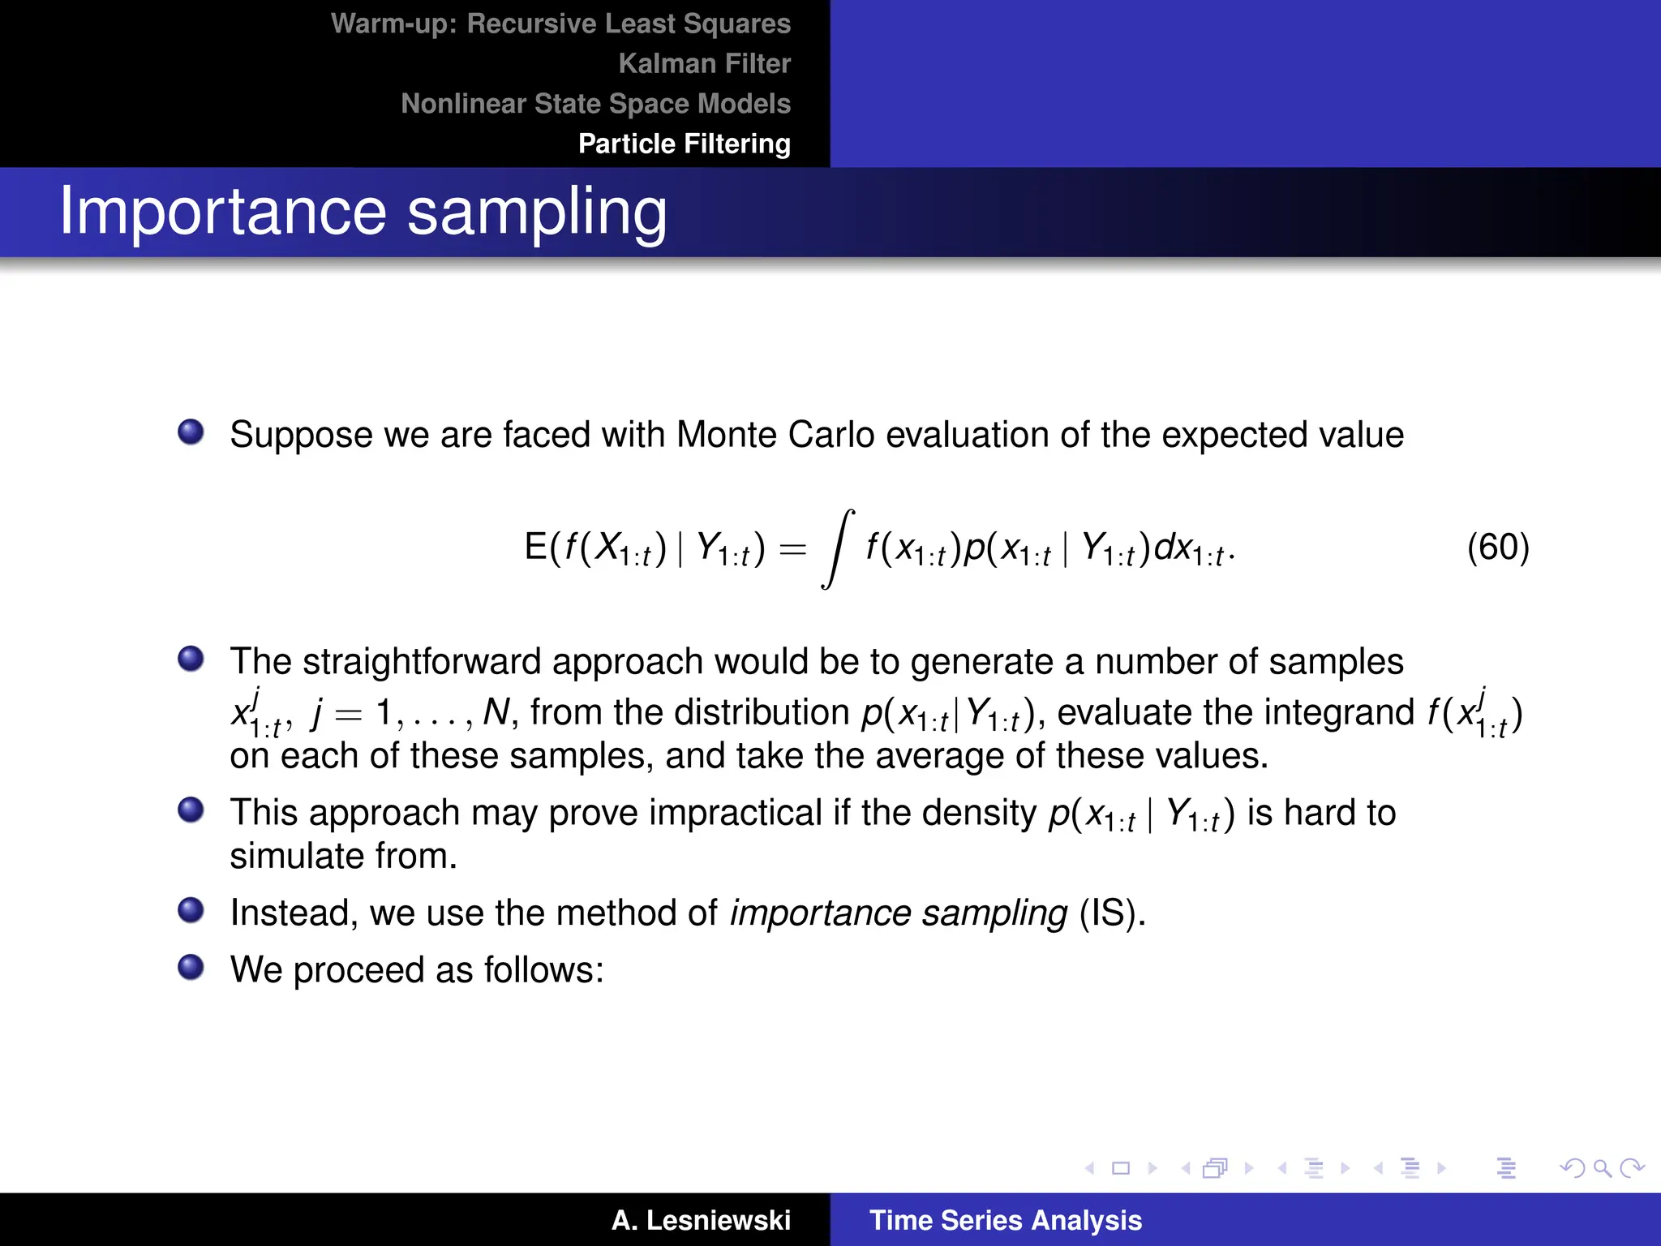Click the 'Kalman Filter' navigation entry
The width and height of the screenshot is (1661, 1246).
704,63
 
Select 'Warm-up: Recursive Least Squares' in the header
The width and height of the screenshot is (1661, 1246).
560,24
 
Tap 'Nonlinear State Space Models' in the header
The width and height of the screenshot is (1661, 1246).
595,104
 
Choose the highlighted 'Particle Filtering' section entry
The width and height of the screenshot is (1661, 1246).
684,144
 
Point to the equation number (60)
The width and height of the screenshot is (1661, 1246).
1497,547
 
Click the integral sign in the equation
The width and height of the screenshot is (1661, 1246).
838,548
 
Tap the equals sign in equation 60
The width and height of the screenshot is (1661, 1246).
792,550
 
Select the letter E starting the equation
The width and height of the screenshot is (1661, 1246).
535,547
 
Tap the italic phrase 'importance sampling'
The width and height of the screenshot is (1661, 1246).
898,913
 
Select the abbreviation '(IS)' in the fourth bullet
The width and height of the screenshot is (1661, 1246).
1111,913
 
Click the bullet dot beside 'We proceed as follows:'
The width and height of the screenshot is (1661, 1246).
191,967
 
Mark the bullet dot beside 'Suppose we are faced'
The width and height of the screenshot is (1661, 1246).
191,432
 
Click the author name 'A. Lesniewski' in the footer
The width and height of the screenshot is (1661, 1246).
701,1220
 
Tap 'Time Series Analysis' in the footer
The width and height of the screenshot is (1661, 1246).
1005,1220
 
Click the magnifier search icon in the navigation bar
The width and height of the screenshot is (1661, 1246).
1601,1168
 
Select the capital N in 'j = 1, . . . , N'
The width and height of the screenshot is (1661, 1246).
496,712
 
